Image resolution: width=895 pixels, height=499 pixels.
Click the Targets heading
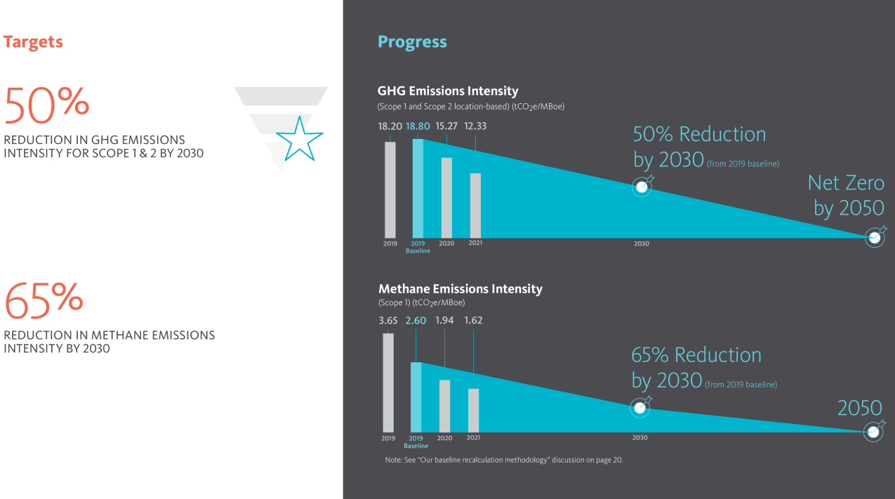(x=33, y=42)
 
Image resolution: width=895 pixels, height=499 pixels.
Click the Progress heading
(x=412, y=42)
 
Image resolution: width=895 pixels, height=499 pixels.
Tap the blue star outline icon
(x=300, y=140)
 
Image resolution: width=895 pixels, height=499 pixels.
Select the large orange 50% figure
(x=46, y=105)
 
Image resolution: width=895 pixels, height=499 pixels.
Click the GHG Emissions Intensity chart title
(x=448, y=91)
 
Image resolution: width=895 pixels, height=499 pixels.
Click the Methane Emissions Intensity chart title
(x=460, y=289)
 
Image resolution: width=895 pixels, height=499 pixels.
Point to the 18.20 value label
(x=390, y=126)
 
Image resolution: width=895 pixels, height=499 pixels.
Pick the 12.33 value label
(x=475, y=126)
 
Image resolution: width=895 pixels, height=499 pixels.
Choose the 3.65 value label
(x=388, y=321)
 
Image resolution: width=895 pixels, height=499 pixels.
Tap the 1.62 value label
(x=473, y=321)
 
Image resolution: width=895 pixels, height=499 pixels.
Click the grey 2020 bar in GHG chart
(x=446, y=198)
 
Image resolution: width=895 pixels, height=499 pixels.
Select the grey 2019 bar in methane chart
(x=388, y=382)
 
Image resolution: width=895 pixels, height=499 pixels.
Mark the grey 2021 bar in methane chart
(x=473, y=411)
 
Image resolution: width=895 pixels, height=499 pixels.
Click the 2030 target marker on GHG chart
(x=642, y=186)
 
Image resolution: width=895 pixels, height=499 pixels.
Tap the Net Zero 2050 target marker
(x=875, y=237)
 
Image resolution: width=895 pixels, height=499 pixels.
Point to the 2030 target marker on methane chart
(x=640, y=407)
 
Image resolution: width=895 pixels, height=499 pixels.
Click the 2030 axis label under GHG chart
(x=642, y=244)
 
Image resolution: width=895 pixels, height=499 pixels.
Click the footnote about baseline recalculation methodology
(x=504, y=460)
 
